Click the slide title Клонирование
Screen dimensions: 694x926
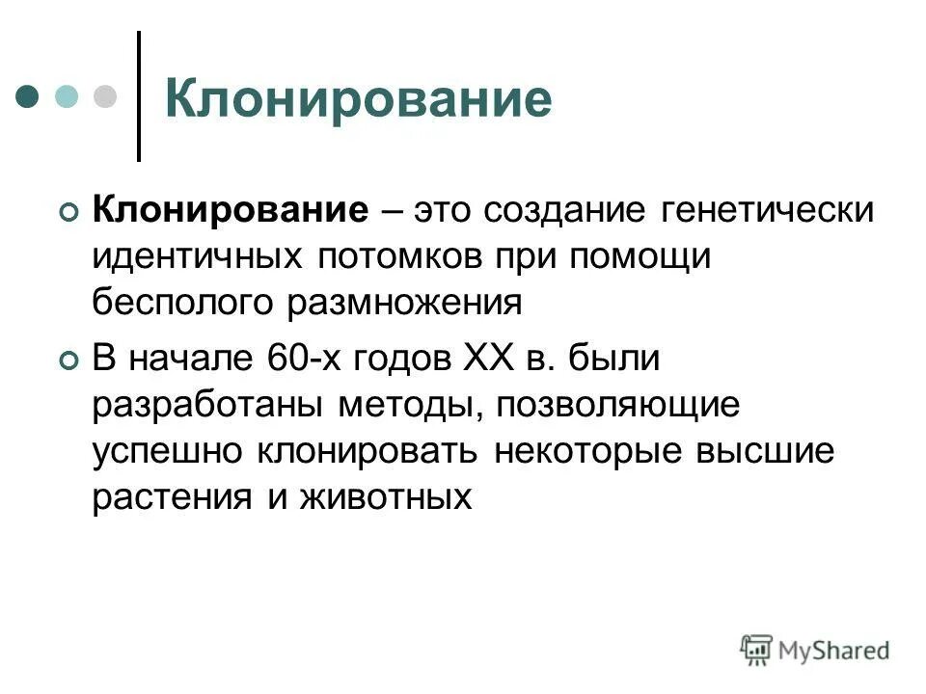coord(358,99)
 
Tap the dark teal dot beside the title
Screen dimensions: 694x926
coord(28,96)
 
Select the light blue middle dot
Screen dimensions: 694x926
coord(67,96)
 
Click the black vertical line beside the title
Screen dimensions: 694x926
coord(139,96)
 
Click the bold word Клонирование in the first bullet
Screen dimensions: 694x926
coord(231,210)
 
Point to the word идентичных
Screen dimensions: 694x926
coord(197,256)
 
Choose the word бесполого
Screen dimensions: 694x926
coord(182,303)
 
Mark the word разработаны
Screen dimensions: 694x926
coord(210,405)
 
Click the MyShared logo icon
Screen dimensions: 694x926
coord(757,649)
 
